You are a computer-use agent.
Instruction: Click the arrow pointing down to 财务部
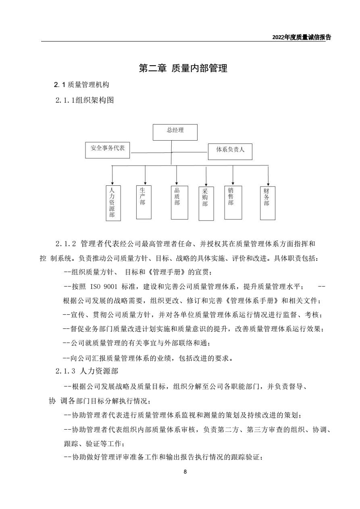268,176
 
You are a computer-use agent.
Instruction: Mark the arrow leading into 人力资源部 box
112,175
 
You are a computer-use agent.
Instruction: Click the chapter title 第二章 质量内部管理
183,68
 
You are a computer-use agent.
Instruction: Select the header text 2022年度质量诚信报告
302,37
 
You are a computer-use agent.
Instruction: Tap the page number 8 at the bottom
185,472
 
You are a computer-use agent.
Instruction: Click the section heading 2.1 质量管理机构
81,85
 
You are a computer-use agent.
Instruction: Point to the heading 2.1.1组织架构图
85,100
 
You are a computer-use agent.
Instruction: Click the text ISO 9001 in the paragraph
104,287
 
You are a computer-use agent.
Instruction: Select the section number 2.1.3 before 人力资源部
65,371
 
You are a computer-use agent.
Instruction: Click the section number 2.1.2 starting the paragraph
65,244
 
